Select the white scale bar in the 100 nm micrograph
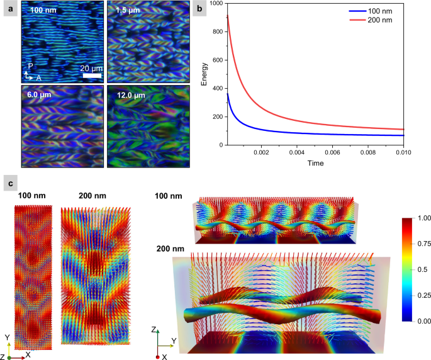coord(92,77)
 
